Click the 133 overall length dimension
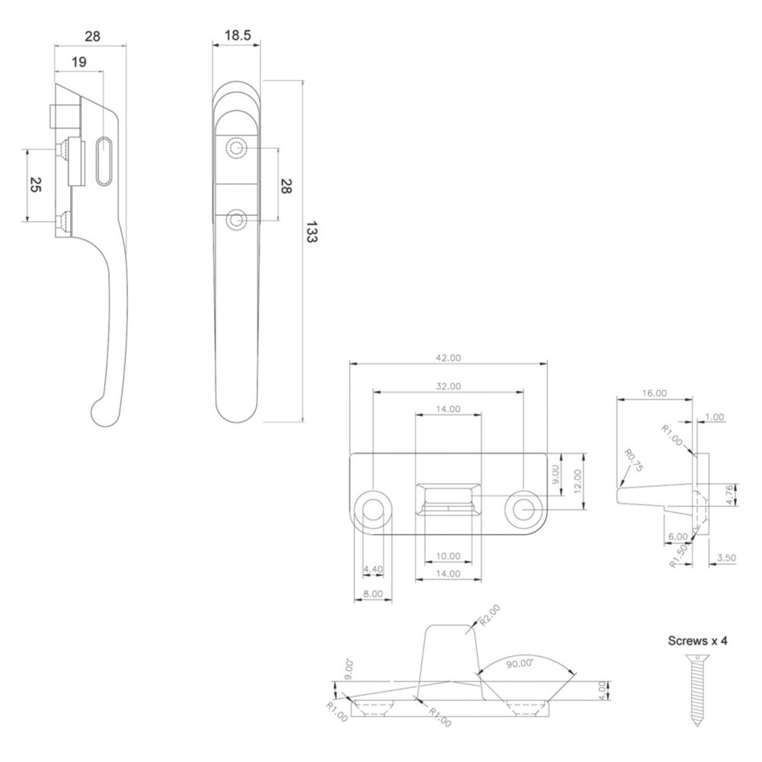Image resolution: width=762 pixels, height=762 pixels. [312, 232]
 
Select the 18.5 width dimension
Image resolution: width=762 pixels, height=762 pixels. [238, 36]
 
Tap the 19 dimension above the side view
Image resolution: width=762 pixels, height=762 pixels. [79, 62]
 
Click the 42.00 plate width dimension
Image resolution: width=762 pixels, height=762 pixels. [448, 357]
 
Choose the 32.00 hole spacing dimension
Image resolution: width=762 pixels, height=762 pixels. [448, 386]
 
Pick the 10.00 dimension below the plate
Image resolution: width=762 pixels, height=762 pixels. [448, 556]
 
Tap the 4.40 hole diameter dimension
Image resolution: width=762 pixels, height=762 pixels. [373, 569]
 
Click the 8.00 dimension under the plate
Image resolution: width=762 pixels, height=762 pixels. [373, 594]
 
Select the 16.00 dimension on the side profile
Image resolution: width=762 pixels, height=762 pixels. [654, 393]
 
